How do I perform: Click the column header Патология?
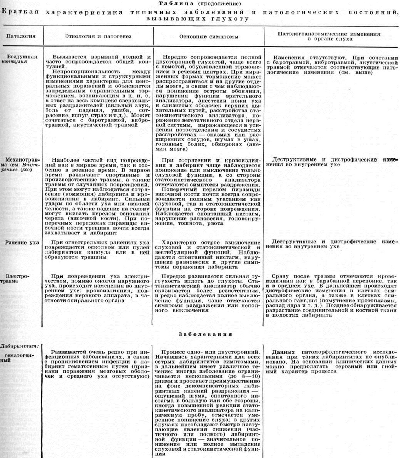point(21,36)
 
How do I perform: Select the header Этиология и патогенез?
point(98,36)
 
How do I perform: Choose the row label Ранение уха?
point(22,243)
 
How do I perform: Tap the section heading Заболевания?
point(205,334)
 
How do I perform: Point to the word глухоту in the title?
point(235,19)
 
